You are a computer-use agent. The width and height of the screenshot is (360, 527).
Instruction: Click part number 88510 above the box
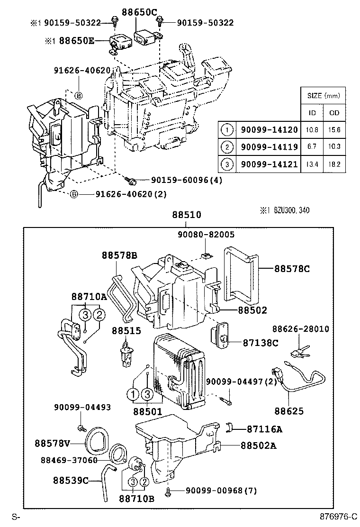(183, 215)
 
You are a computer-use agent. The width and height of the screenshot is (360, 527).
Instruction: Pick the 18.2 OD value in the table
(334, 164)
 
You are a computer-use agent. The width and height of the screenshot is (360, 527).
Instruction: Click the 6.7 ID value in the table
(312, 146)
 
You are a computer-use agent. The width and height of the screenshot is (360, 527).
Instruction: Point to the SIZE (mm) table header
(324, 95)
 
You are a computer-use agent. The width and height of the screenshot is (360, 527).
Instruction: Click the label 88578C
(291, 269)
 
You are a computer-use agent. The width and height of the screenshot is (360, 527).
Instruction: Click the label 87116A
(264, 429)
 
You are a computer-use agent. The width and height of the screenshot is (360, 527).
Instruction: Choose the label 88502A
(259, 445)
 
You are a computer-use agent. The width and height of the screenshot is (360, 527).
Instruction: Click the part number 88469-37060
(69, 460)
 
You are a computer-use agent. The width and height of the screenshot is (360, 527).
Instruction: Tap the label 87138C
(261, 343)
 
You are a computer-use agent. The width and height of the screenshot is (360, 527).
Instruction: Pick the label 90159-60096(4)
(187, 180)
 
